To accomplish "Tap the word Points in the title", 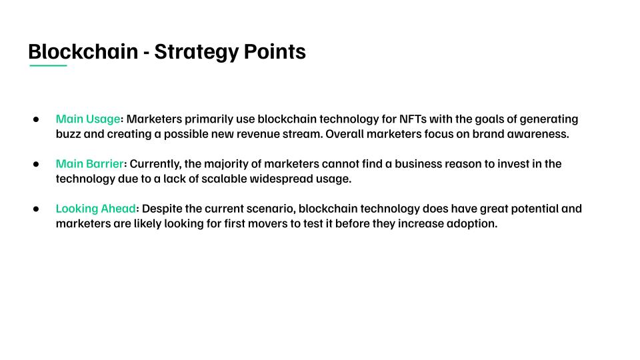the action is coord(275,51).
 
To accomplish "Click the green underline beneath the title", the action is coord(48,65).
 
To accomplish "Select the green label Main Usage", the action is coord(88,119).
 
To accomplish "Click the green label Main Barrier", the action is coord(90,164).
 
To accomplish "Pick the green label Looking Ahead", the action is coord(96,209).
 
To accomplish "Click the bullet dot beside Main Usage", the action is coord(36,119).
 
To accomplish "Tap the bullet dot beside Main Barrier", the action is coord(36,164).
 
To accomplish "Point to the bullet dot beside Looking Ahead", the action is coord(36,209).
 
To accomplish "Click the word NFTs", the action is coord(413,119).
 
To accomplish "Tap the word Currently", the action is coord(155,164).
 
